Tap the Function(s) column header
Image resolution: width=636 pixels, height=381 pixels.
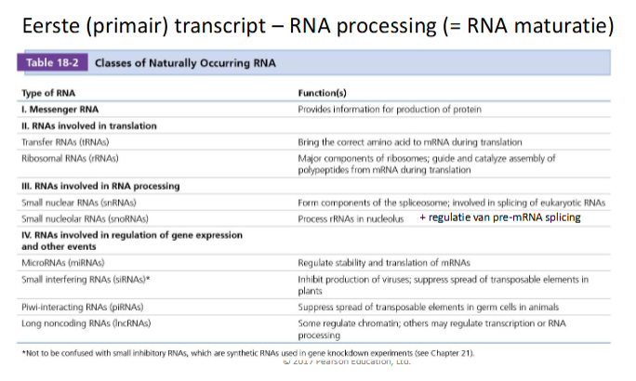(324, 94)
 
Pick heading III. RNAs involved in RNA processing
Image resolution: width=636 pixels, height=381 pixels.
(96, 186)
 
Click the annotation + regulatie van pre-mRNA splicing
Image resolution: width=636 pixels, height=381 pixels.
(499, 217)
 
